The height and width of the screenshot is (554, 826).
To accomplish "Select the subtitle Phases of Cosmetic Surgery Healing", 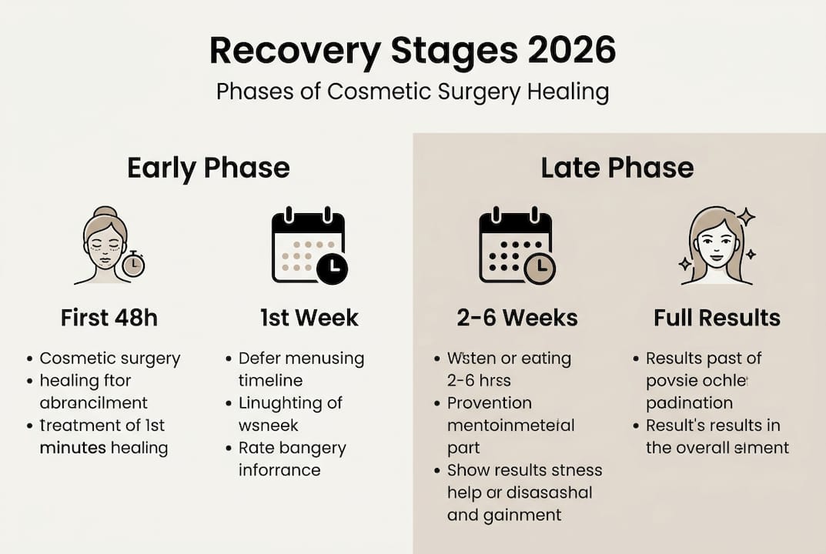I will pyautogui.click(x=413, y=92).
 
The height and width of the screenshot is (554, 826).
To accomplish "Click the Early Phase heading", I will pyautogui.click(x=208, y=168).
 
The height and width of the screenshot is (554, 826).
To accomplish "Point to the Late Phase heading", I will pyautogui.click(x=617, y=168).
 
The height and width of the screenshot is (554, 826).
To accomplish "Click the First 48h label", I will pyautogui.click(x=109, y=318).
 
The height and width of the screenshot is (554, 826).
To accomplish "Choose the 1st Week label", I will pyautogui.click(x=309, y=318).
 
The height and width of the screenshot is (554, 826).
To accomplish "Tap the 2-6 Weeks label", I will pyautogui.click(x=517, y=318).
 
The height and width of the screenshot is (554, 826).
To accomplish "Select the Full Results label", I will pyautogui.click(x=717, y=318).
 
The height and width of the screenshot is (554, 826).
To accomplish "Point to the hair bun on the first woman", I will pyautogui.click(x=105, y=212).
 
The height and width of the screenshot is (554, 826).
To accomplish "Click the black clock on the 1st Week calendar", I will pyautogui.click(x=332, y=269).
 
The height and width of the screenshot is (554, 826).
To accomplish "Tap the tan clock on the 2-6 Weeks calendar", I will pyautogui.click(x=540, y=269).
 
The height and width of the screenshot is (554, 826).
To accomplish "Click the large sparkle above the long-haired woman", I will pyautogui.click(x=745, y=217).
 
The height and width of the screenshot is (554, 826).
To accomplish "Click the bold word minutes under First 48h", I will pyautogui.click(x=73, y=447).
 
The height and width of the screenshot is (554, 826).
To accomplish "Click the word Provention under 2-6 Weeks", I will pyautogui.click(x=489, y=402).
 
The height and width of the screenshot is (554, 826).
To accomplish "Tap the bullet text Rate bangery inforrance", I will pyautogui.click(x=292, y=459).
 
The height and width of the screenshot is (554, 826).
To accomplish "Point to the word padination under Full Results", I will pyautogui.click(x=689, y=402).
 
